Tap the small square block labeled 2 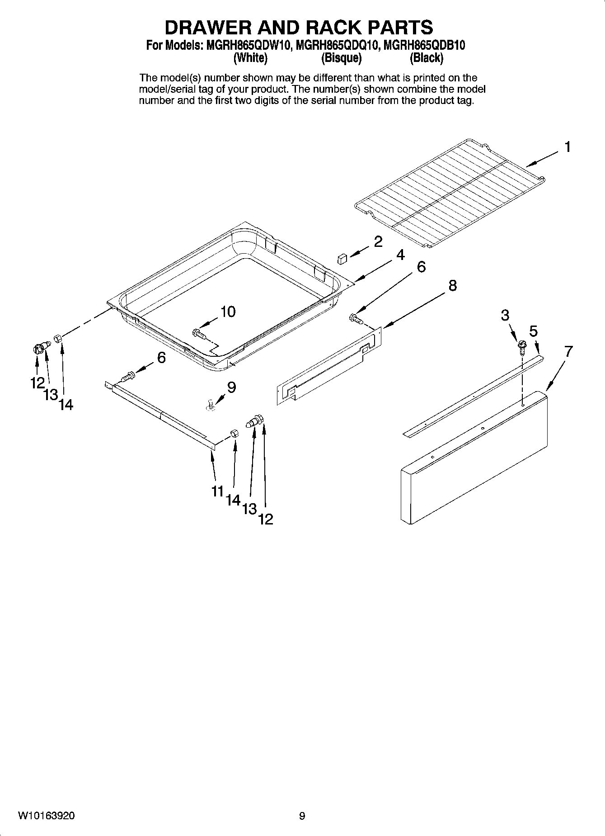[x=342, y=259]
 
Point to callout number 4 [x=400, y=255]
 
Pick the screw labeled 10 [x=198, y=333]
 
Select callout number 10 [x=228, y=312]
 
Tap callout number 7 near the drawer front [x=568, y=351]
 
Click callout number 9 [x=231, y=387]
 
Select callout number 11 [x=218, y=491]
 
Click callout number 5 [x=534, y=331]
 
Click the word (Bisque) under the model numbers [x=341, y=58]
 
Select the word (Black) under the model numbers [x=427, y=58]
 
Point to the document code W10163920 [x=47, y=816]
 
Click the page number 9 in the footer [x=302, y=816]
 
